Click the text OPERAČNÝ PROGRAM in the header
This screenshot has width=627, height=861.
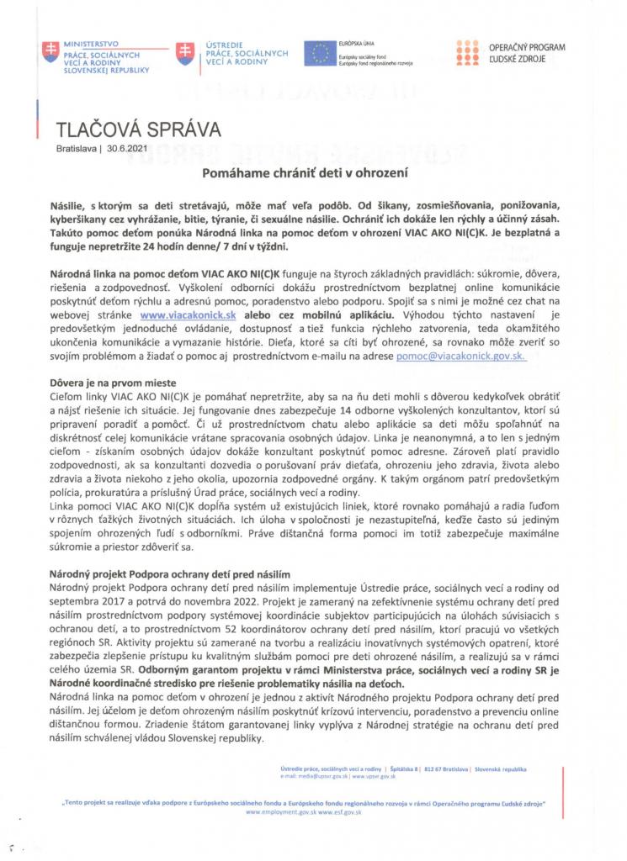coord(527,50)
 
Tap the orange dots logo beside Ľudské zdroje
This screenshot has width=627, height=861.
coord(467,54)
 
